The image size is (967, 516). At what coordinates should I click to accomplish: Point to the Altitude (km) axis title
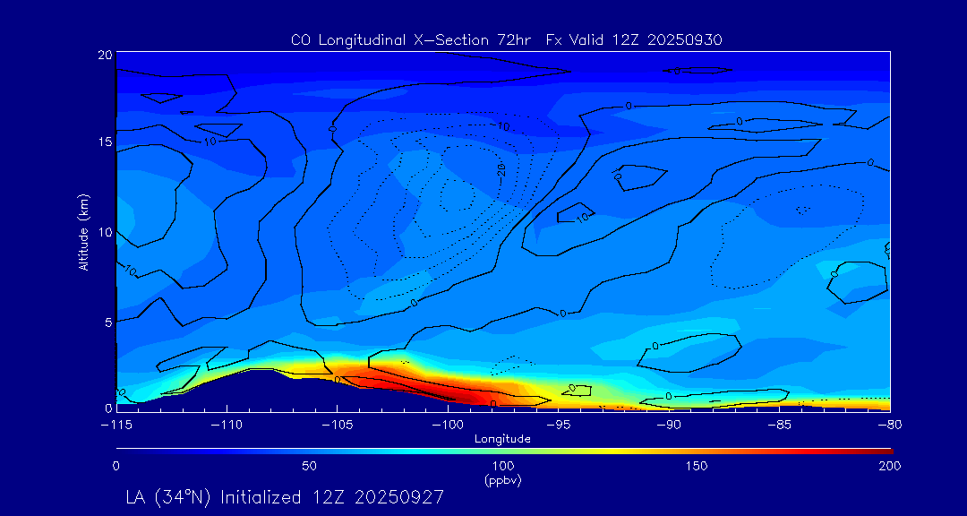[83, 232]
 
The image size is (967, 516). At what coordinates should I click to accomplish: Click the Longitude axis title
[502, 439]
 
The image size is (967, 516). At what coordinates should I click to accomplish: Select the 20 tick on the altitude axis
[104, 55]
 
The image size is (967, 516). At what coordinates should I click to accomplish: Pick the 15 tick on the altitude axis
[104, 142]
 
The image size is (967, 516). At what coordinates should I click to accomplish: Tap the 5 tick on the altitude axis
[107, 321]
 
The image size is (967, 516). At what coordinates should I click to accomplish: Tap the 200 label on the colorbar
[890, 466]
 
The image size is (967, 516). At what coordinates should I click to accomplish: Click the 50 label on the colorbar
[309, 466]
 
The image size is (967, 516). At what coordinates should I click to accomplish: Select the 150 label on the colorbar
[697, 466]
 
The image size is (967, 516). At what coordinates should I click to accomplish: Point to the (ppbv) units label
[502, 480]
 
